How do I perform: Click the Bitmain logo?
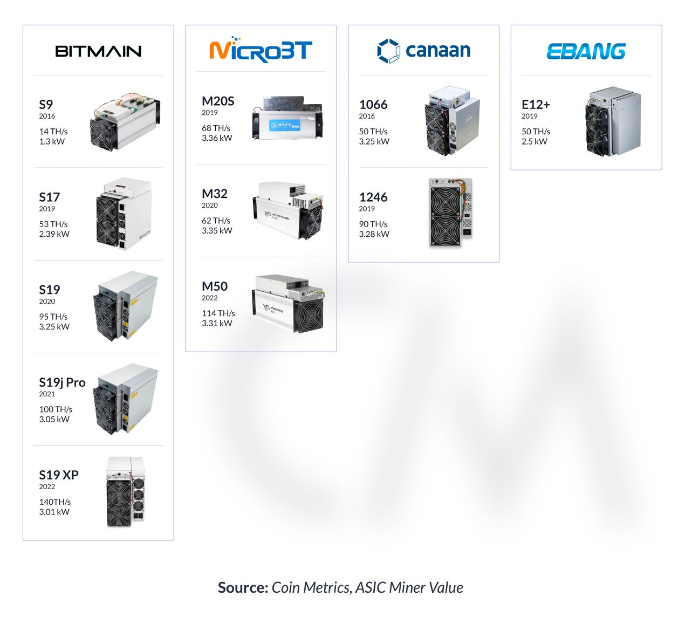[x=98, y=51]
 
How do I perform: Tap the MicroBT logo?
[x=261, y=50]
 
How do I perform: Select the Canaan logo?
[x=423, y=51]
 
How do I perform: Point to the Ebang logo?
[x=586, y=51]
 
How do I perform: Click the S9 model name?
[x=46, y=104]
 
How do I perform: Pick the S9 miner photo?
[x=125, y=123]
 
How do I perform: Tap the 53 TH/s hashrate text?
[x=53, y=224]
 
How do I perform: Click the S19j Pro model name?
[x=62, y=382]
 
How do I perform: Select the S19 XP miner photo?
[x=125, y=492]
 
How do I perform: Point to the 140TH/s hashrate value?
[x=55, y=502]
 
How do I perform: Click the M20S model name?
[x=218, y=101]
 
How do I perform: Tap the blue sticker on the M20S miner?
[x=284, y=126]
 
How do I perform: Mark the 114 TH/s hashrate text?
[x=218, y=313]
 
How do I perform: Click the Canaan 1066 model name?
[x=373, y=104]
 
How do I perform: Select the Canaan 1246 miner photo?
[x=450, y=212]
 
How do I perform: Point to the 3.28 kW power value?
[x=374, y=234]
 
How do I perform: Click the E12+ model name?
[x=536, y=104]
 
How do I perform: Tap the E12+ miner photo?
[x=613, y=121]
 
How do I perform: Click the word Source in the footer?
[x=242, y=587]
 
